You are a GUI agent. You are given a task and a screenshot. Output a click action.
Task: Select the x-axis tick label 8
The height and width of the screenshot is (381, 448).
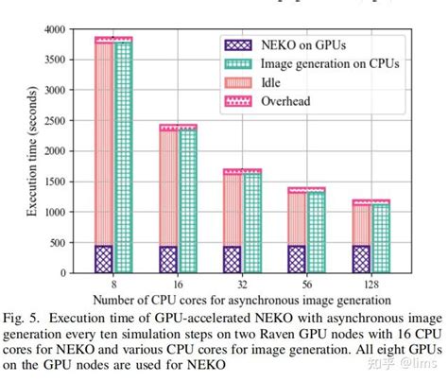pos(112,283)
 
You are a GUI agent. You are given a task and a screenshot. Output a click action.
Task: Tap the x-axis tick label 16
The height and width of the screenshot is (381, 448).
pos(179,283)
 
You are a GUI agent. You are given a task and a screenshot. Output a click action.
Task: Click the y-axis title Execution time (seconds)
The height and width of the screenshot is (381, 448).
pos(31,151)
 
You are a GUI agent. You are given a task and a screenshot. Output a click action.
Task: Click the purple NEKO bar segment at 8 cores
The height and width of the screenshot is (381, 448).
pos(102,259)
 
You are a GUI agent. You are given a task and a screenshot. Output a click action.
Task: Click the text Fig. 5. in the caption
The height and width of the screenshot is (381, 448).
pos(23,318)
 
